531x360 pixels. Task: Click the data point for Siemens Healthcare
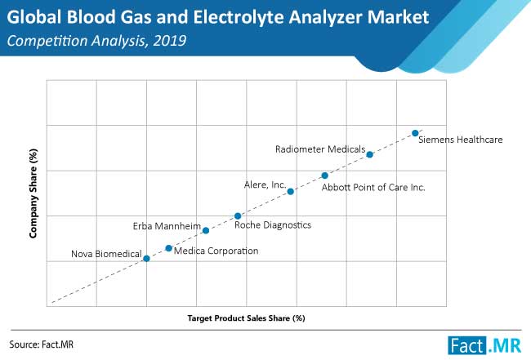(x=415, y=133)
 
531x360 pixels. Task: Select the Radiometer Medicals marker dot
(x=370, y=154)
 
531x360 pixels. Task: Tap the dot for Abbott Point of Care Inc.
(x=325, y=176)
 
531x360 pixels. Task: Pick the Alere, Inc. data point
(x=291, y=192)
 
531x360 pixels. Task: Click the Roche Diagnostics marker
(x=238, y=216)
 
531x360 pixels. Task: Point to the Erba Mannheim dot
(x=206, y=231)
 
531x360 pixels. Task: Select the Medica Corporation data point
(x=168, y=248)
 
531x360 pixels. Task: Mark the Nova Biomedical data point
(x=146, y=259)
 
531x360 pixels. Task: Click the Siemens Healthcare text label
(x=461, y=140)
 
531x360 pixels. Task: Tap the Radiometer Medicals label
(x=320, y=149)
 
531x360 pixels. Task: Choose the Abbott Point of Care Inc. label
(x=373, y=188)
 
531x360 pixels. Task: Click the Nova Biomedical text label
(x=106, y=254)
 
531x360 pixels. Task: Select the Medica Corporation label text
(x=216, y=251)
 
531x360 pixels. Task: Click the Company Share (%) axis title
(x=33, y=193)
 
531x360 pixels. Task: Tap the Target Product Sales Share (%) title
(x=246, y=318)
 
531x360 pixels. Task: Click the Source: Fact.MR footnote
(x=42, y=344)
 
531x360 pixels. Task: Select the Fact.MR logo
(x=484, y=346)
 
